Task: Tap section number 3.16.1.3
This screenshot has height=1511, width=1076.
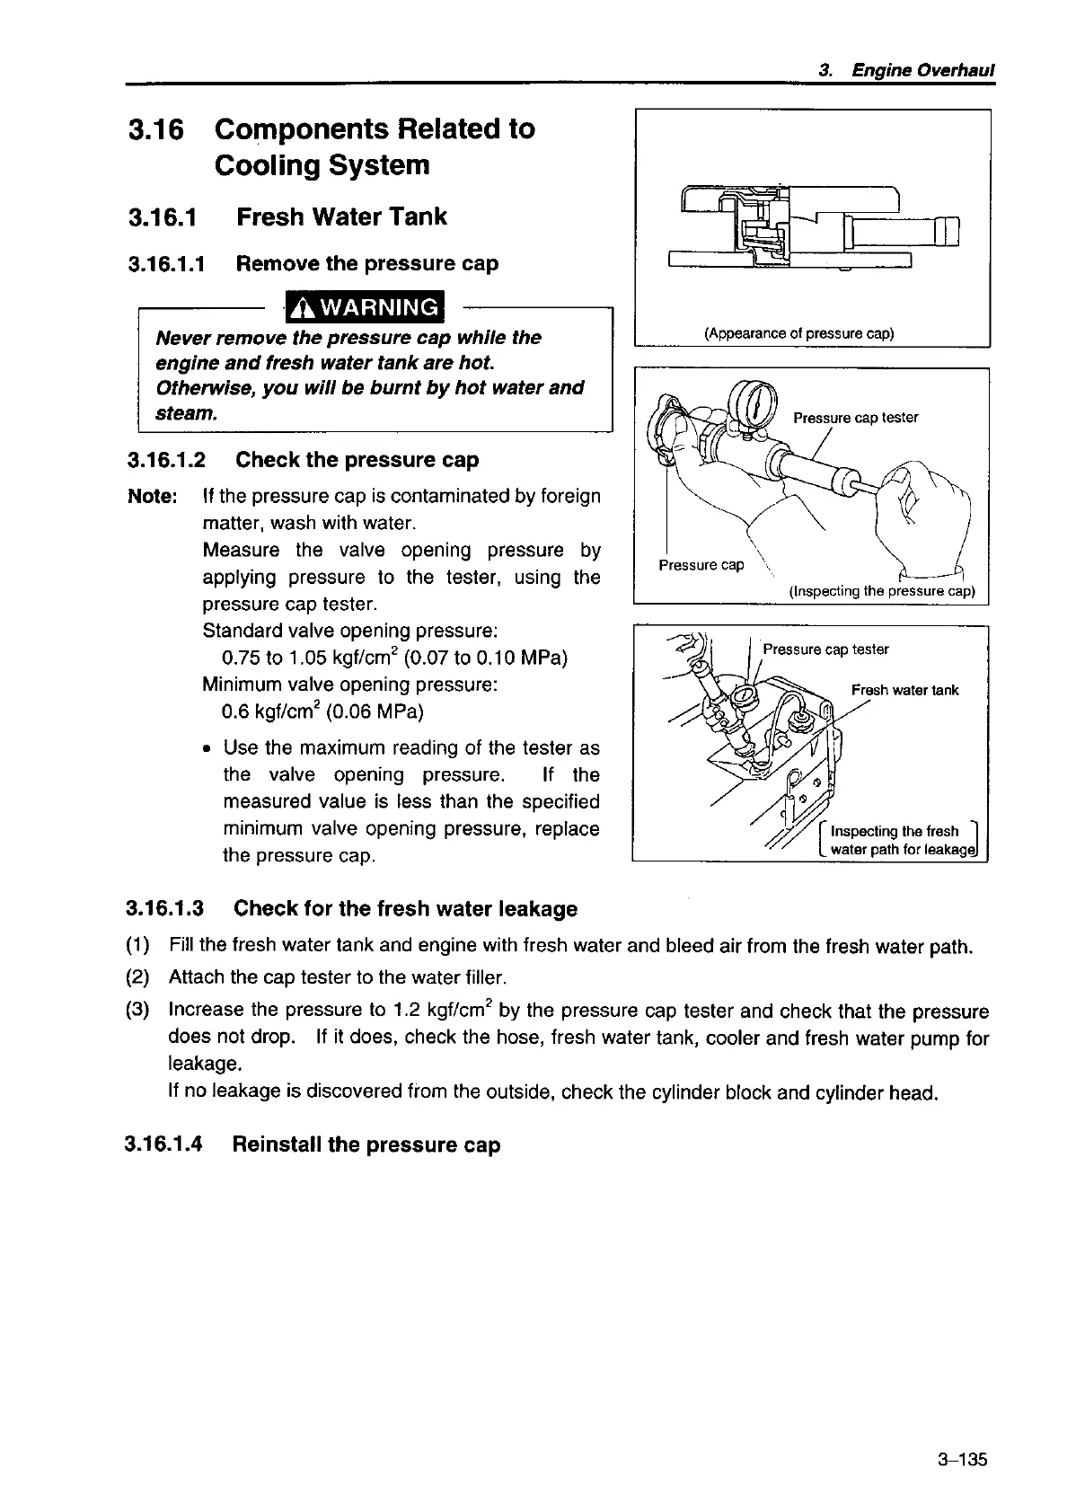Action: tap(165, 908)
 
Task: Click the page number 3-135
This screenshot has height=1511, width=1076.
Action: tap(961, 1459)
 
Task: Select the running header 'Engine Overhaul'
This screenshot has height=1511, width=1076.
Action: tap(922, 70)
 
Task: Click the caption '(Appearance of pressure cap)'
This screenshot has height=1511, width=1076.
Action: tap(798, 334)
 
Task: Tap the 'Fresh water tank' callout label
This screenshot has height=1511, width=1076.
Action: tap(904, 690)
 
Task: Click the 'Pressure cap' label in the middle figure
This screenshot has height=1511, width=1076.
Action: tap(701, 565)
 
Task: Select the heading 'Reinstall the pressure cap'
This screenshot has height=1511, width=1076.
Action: tap(366, 1144)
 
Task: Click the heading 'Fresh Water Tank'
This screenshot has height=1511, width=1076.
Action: tap(341, 217)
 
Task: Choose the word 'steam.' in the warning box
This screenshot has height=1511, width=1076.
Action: tap(187, 414)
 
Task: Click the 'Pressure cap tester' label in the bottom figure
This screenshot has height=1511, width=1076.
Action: tap(825, 649)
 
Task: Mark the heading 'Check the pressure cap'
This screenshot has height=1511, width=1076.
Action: tap(357, 460)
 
